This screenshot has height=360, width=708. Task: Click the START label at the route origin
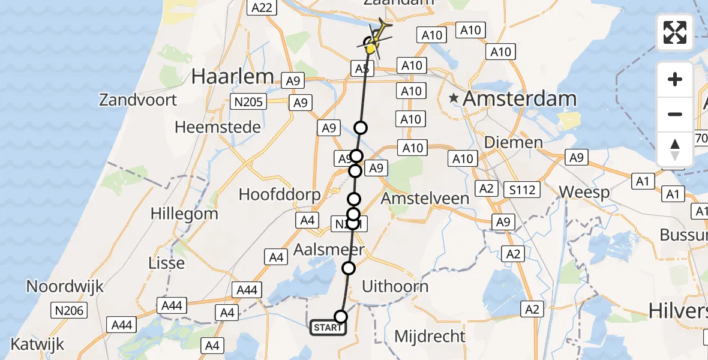point(328,328)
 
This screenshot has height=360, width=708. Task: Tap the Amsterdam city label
point(520,99)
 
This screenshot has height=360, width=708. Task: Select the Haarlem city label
point(232,76)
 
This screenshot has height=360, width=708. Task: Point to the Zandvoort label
point(138,100)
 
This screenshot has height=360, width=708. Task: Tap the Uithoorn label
point(395,286)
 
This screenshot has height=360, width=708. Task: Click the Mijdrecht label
point(430,336)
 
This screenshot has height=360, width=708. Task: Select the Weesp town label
point(584,193)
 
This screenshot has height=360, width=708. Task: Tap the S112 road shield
point(522,190)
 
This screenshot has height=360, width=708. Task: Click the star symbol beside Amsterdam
point(455,98)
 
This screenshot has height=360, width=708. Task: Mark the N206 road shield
point(70,310)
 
